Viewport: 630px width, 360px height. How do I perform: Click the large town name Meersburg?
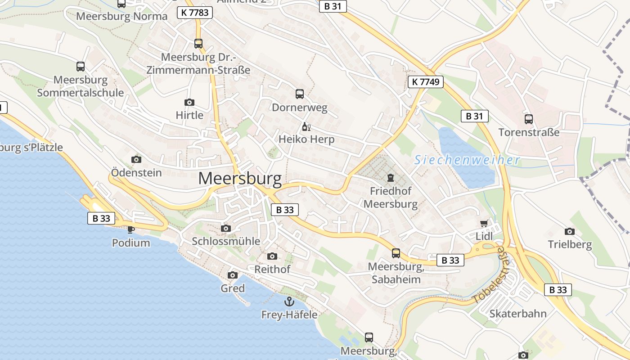coord(240,179)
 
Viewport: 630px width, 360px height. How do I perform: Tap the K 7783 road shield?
coord(195,13)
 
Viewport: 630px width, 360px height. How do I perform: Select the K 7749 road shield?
coord(426,82)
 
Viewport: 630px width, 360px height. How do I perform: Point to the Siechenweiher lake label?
coord(467,160)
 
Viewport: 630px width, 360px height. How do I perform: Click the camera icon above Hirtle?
coord(189,103)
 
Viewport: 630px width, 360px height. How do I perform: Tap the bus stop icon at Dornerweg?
coord(300,94)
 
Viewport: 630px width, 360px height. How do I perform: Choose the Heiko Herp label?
coord(306,139)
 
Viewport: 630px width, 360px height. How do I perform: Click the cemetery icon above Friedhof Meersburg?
coord(390,178)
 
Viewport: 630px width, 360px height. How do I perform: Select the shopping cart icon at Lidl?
coord(484,223)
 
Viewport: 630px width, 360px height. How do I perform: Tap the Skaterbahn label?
coord(518,314)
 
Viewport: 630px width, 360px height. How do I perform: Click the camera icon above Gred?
coord(233,275)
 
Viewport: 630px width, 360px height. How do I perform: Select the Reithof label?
coord(272,270)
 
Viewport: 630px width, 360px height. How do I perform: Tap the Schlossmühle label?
coord(226,241)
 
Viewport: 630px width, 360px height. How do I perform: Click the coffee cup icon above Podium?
coord(130,229)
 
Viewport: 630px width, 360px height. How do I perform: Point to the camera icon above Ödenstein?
coord(136,159)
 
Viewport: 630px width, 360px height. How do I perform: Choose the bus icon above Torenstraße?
coord(529,119)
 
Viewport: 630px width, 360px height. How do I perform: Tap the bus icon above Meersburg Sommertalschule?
coord(81,67)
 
